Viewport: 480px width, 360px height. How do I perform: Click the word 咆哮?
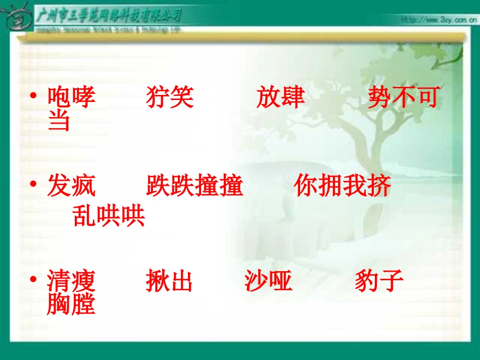71,97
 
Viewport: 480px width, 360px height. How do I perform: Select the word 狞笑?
170,97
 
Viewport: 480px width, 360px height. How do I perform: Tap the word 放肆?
280,97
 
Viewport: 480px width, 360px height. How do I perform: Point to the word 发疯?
71,186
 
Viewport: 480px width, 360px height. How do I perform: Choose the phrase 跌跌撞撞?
195,186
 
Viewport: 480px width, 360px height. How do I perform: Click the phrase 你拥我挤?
342,186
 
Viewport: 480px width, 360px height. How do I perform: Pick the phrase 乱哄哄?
109,216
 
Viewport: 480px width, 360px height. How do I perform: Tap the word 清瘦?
71,281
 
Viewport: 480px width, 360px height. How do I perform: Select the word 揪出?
169,281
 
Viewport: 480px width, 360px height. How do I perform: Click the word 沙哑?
268,281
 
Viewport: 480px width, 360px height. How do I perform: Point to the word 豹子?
379,281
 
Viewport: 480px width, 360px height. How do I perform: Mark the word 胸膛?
71,304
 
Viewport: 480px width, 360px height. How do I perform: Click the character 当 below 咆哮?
59,121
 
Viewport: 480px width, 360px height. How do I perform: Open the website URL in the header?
438,20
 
